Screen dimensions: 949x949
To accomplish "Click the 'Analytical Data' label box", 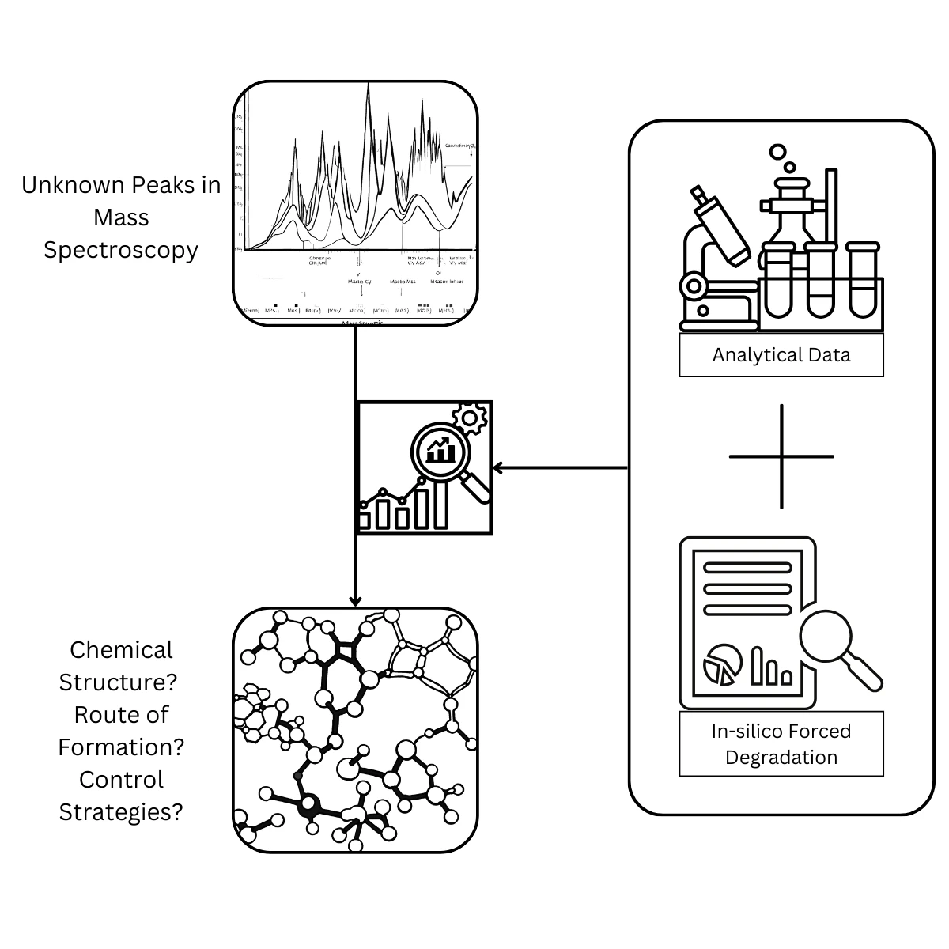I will tap(781, 355).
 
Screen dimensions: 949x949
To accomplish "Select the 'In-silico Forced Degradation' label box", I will tap(781, 744).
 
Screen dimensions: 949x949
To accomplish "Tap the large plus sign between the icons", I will tap(781, 456).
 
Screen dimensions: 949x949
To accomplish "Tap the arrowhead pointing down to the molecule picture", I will tap(356, 600).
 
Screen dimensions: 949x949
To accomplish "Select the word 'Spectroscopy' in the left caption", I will tap(121, 250).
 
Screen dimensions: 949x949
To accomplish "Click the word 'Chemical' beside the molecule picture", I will tap(121, 650).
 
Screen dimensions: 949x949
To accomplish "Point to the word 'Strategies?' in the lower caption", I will tap(121, 812).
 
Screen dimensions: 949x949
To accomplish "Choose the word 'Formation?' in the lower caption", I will tap(121, 747).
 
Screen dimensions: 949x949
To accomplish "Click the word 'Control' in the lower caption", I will tap(121, 780).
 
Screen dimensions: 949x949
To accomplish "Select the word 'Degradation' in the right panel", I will tap(781, 758).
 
